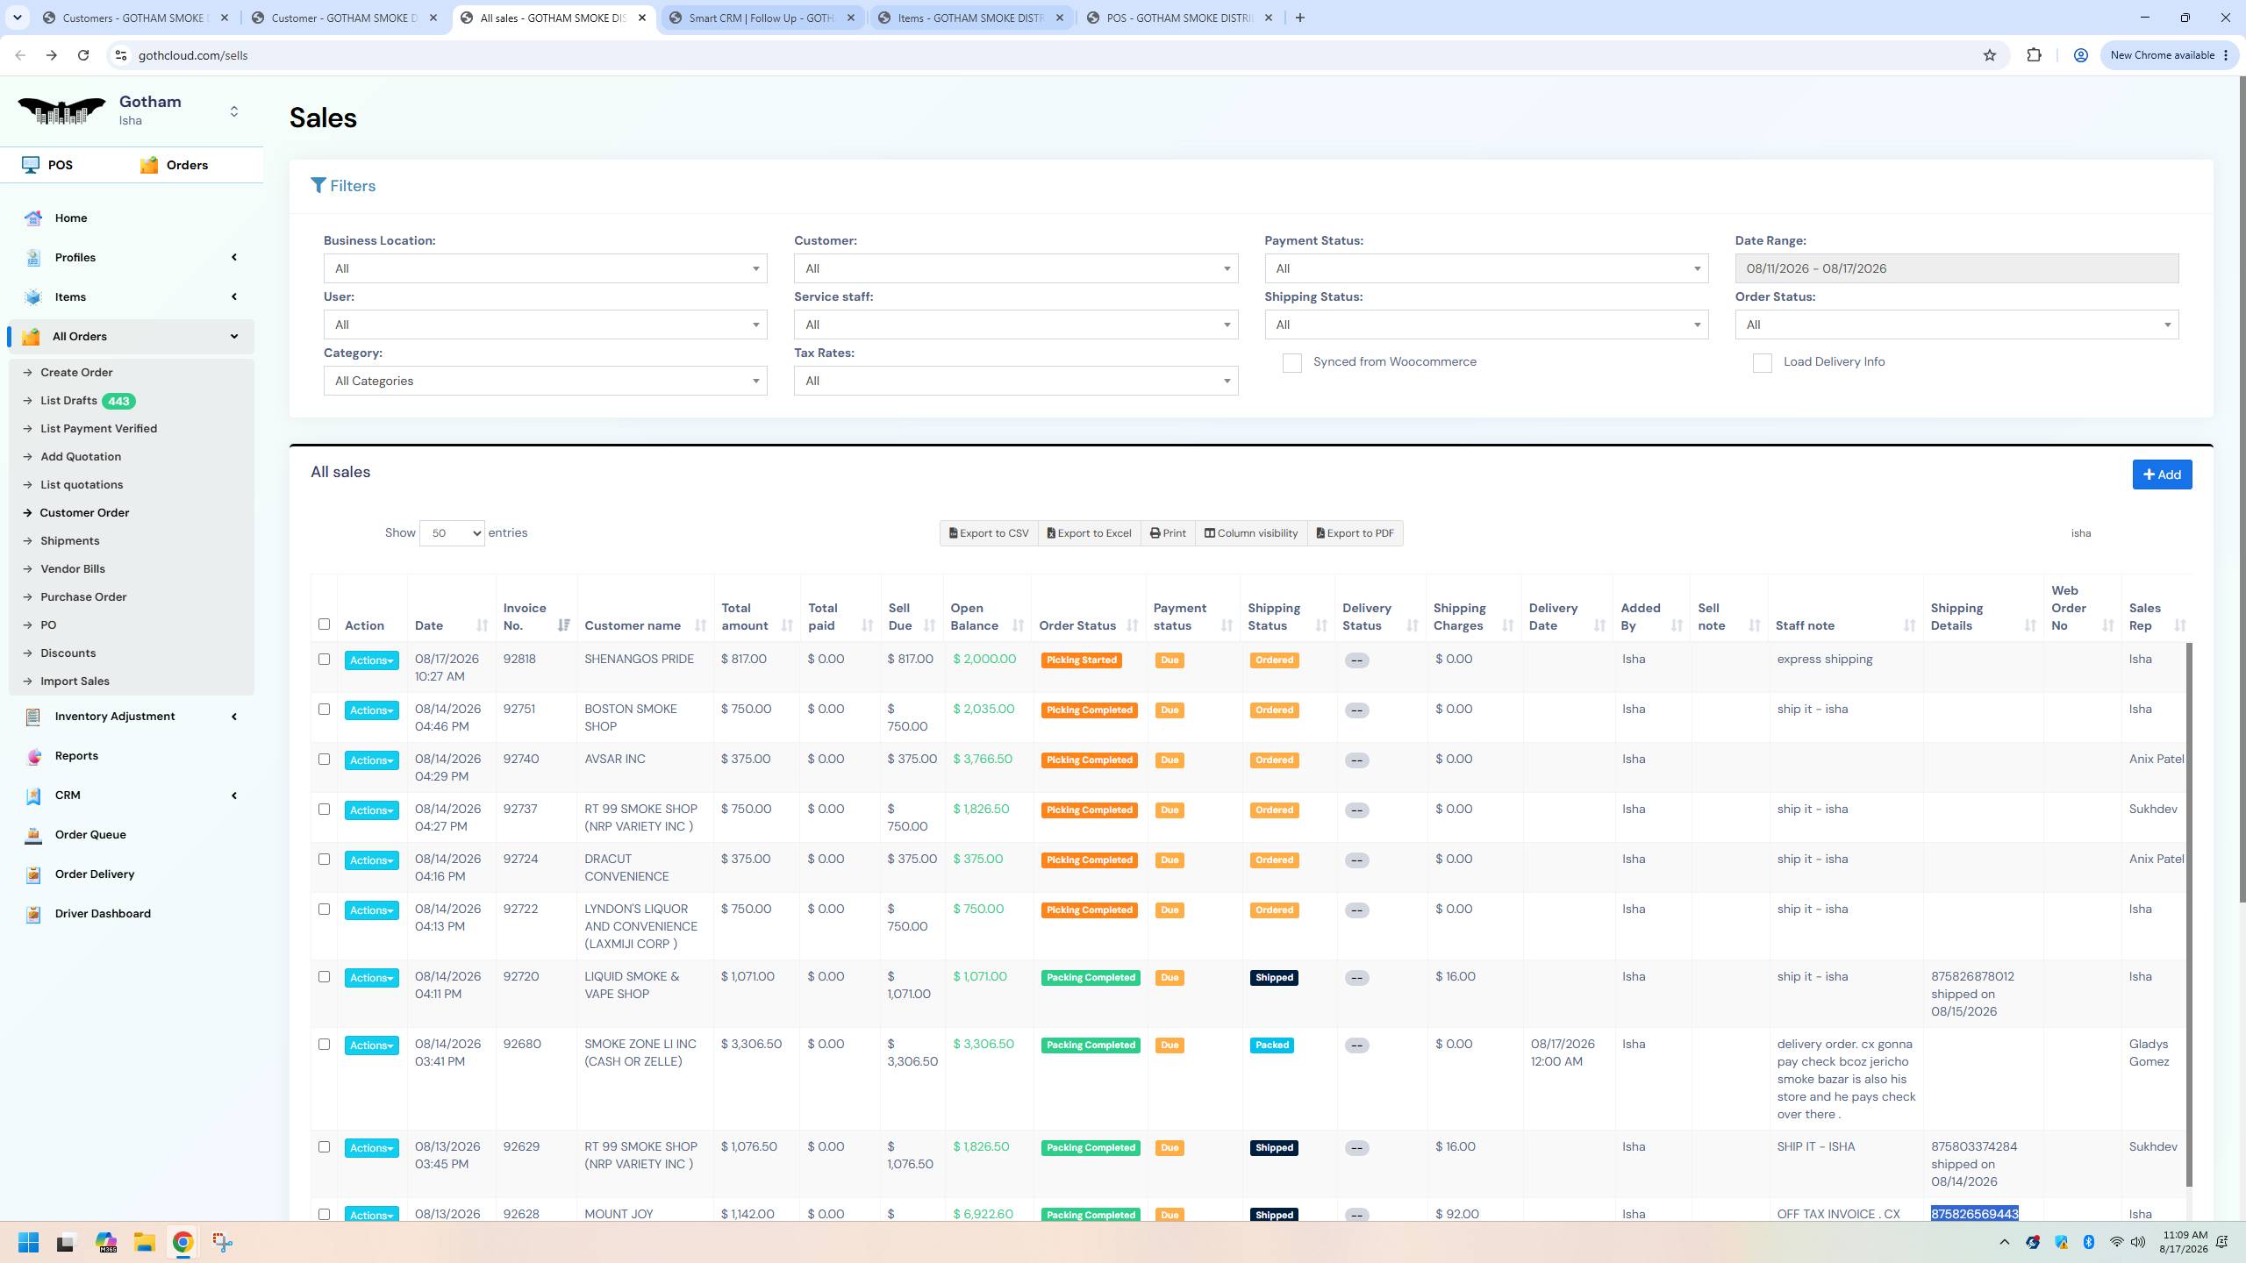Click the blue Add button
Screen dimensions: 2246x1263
(x=2162, y=475)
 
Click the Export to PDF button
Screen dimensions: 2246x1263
(x=1355, y=533)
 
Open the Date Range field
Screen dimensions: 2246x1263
(x=1956, y=268)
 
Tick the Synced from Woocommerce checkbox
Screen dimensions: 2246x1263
(x=1291, y=363)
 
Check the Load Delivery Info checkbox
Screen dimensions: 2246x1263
(x=1762, y=363)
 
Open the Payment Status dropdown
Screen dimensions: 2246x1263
(x=1486, y=268)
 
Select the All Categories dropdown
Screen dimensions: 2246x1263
(x=545, y=381)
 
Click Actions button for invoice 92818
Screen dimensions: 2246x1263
(x=371, y=660)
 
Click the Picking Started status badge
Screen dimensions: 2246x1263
(x=1081, y=660)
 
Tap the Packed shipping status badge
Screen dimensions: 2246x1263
(x=1272, y=1045)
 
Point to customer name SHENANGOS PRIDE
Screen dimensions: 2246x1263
(x=639, y=659)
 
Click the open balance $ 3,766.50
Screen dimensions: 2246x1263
(x=983, y=759)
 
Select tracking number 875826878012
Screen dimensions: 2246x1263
(x=1972, y=976)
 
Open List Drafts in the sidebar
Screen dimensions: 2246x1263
(x=68, y=401)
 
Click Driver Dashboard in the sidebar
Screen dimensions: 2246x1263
(x=103, y=913)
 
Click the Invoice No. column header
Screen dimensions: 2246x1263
(x=525, y=617)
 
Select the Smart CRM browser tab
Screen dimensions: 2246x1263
(x=761, y=18)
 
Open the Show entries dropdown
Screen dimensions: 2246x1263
(x=452, y=533)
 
